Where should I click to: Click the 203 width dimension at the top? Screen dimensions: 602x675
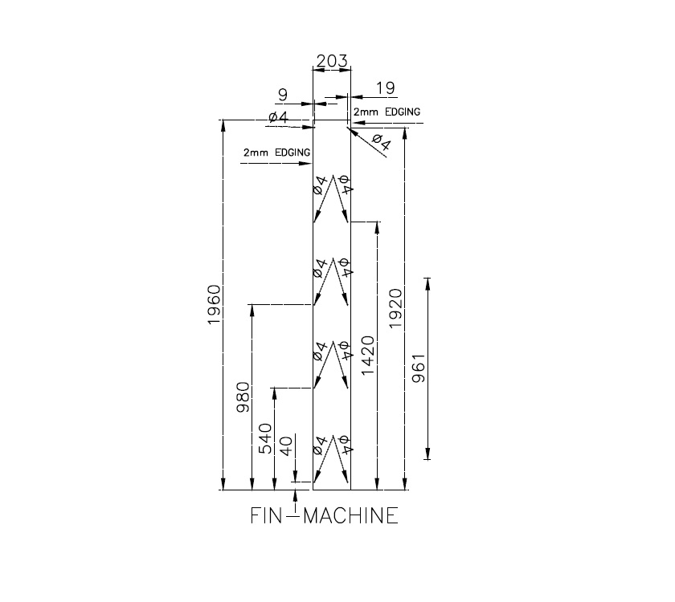(x=331, y=61)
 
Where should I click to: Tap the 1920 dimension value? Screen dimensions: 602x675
(x=396, y=304)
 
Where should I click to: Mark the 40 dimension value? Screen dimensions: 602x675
(x=286, y=447)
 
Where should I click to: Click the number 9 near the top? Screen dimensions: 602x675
(x=282, y=95)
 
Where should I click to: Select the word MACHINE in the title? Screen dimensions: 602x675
(x=350, y=515)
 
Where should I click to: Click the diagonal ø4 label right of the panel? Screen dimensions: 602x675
(x=380, y=144)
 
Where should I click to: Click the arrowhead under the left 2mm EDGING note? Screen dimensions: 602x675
(x=305, y=164)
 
